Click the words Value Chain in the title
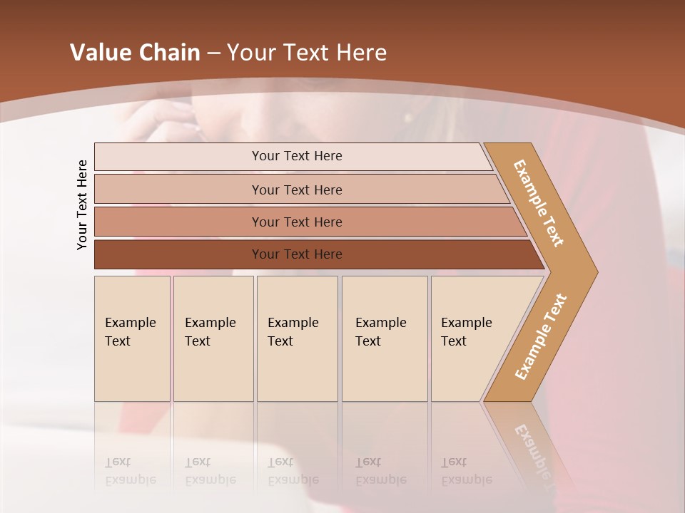(x=135, y=53)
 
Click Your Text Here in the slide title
(x=307, y=53)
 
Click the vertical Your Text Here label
(x=82, y=205)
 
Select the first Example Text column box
(x=132, y=338)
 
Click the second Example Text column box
(x=213, y=338)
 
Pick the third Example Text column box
(x=297, y=338)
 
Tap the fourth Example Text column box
(x=385, y=338)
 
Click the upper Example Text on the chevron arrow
(x=539, y=203)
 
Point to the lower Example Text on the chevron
(x=540, y=337)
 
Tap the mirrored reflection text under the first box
(x=131, y=472)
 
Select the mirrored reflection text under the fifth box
(x=466, y=472)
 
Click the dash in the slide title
(x=213, y=53)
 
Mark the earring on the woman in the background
(x=410, y=115)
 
